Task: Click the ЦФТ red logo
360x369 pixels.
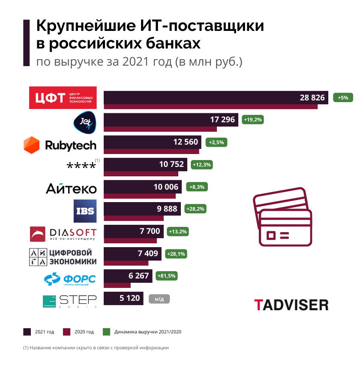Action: [63, 98]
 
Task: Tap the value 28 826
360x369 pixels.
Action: [312, 97]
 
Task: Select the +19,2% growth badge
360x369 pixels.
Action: [252, 120]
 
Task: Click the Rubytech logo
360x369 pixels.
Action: [60, 145]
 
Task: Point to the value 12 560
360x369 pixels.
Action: [186, 142]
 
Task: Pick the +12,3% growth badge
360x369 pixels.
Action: [202, 164]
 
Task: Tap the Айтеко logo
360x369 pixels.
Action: [71, 188]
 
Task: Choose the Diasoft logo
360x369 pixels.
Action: [63, 233]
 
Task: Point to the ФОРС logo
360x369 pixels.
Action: [70, 279]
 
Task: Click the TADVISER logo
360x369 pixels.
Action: [291, 305]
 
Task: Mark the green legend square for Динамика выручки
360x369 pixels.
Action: [107, 332]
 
